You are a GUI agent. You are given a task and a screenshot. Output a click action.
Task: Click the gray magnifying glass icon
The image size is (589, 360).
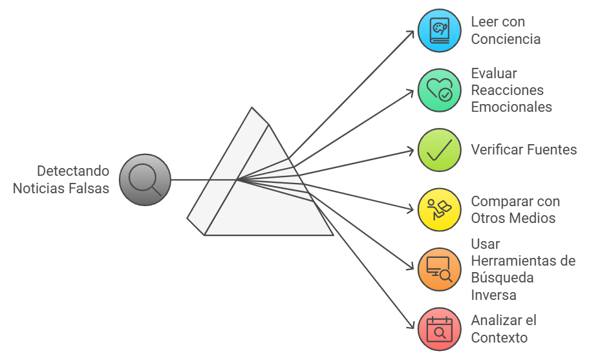pos(145,180)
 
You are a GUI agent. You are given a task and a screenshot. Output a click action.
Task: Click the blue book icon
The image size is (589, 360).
pos(440,30)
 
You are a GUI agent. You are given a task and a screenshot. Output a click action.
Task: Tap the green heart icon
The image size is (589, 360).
pos(440,90)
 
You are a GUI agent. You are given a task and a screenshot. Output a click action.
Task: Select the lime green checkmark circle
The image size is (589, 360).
pos(440,150)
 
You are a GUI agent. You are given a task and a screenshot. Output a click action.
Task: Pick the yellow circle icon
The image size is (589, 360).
pos(440,209)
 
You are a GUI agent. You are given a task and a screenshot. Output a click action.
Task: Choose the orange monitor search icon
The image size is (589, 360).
pos(440,269)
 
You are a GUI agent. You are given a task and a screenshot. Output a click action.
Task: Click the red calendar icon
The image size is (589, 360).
pos(440,329)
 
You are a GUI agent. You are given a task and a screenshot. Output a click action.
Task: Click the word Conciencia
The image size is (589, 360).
pos(506,39)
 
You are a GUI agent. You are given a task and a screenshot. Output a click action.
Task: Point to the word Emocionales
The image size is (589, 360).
pos(511,107)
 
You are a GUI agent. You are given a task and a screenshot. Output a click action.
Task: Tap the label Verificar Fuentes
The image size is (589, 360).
pos(524,150)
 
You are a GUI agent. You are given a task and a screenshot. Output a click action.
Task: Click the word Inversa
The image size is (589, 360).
pos(493,295)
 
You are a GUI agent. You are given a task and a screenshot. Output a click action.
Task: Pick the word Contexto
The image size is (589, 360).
pos(499,337)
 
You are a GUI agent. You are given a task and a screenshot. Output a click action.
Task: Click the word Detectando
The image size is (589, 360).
pos(73,171)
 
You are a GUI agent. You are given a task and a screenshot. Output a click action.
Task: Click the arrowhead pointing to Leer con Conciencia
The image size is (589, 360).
pos(411,32)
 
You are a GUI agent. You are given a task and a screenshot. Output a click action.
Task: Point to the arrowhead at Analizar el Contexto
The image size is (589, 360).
pos(411,327)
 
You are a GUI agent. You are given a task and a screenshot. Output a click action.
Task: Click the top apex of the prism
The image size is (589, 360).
pos(252,107)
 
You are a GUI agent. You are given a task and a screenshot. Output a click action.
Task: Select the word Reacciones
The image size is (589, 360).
pos(507,90)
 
